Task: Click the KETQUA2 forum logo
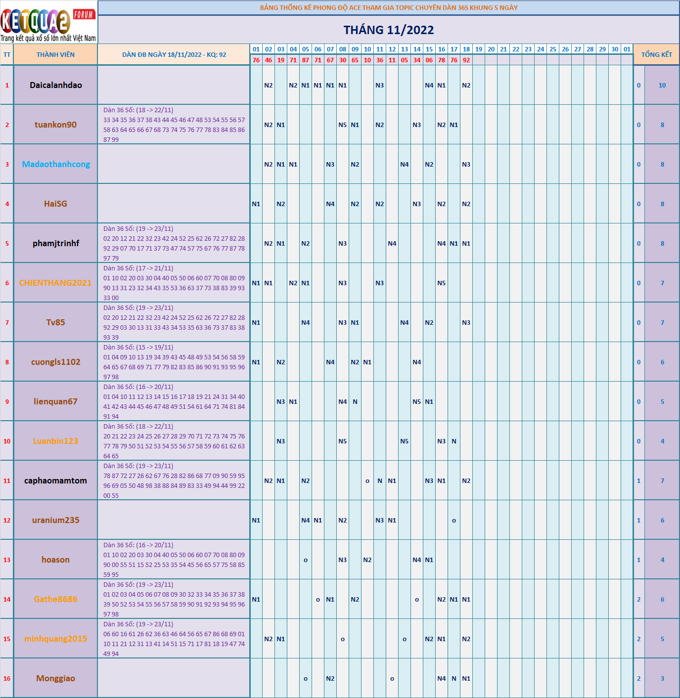pos(48,22)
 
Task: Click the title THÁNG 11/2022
pos(389,30)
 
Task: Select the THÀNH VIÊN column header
pos(55,54)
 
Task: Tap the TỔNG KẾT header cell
pos(656,54)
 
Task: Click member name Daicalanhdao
pos(55,85)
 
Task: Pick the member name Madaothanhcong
pos(56,164)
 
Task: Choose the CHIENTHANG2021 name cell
pos(55,283)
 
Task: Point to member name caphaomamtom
pos(55,480)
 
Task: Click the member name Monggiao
pos(55,678)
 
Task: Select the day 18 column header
pos(466,49)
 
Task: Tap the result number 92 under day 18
pos(466,60)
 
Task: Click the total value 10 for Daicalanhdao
pos(662,85)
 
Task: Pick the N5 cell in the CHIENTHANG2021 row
pos(442,283)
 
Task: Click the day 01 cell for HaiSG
pos(256,204)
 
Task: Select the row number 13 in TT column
pos(7,560)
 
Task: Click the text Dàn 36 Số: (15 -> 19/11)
pos(138,347)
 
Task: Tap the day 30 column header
pos(615,49)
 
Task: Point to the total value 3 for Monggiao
pos(662,678)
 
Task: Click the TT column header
pos(7,54)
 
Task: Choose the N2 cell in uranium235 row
pos(343,520)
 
